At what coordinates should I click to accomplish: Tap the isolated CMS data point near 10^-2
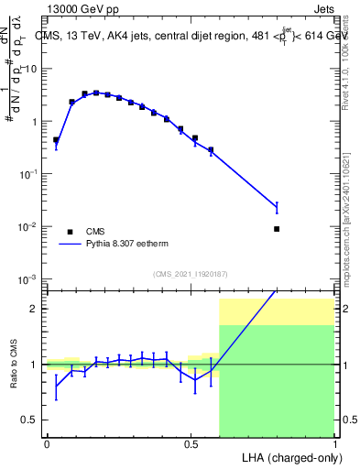(277, 229)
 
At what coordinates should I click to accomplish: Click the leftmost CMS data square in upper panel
(56, 140)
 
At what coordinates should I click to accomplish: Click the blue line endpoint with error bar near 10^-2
(277, 209)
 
